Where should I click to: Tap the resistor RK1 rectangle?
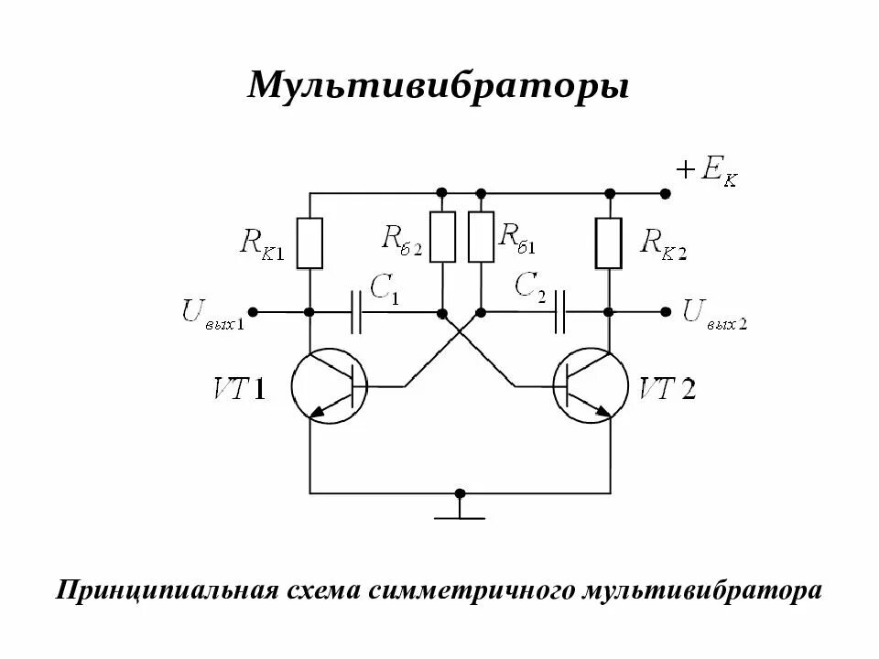point(310,243)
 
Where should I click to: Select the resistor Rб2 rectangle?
point(442,236)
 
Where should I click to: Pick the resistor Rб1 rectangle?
point(481,236)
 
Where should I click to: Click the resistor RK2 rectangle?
point(609,243)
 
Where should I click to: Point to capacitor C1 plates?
point(357,312)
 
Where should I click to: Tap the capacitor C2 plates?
point(562,312)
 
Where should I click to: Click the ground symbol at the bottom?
point(460,509)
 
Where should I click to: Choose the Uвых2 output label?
point(715,313)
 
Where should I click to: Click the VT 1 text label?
point(240,390)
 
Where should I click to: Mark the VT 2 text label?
point(667,390)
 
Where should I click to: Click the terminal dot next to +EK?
point(667,193)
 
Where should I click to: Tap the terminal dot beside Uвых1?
point(254,312)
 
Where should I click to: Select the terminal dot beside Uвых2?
point(666,312)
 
